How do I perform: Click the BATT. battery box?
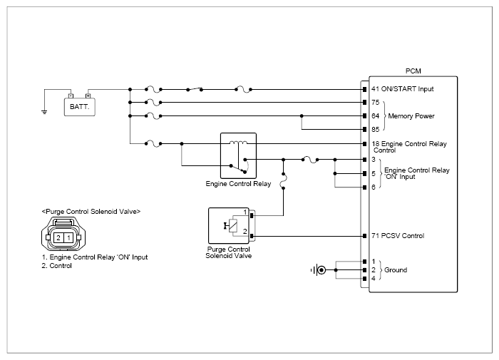80,107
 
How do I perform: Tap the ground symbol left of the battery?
44,112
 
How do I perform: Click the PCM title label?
413,71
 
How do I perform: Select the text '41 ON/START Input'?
402,89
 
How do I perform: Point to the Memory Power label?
411,116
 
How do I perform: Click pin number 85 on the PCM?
376,130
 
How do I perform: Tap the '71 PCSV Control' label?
398,236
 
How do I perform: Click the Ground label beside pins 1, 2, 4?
396,270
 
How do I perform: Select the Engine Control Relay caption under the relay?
238,184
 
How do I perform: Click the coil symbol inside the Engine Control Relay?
238,143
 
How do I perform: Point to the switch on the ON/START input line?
195,89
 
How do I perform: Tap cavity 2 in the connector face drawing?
58,237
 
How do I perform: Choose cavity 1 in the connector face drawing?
68,237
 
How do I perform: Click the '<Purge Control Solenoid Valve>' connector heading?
91,212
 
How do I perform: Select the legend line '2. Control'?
56,266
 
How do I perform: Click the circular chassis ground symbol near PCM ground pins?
321,270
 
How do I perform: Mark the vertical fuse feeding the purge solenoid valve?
282,181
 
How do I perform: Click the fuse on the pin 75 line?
153,103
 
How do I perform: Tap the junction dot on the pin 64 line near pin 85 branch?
302,116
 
